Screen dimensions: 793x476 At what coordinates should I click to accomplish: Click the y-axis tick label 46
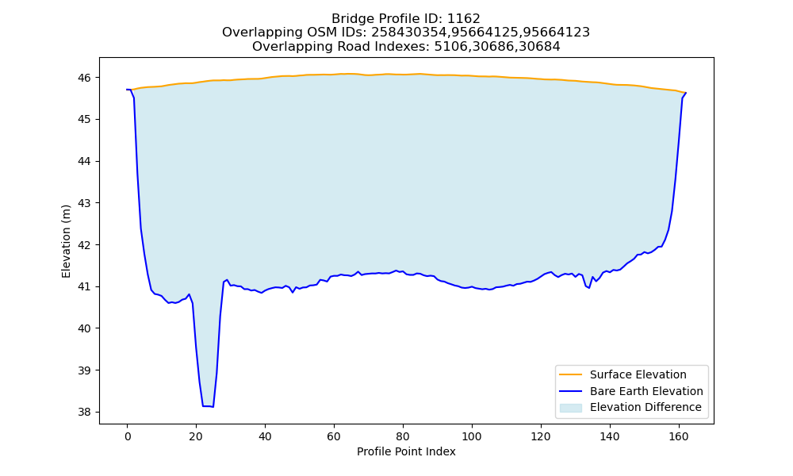pos(84,78)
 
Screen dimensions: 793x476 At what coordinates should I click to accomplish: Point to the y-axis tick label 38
pos(84,413)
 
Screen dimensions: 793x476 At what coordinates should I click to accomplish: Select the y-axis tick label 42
pos(84,245)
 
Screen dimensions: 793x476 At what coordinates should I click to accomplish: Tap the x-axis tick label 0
pos(128,436)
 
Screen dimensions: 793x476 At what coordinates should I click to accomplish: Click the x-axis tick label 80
pos(403,436)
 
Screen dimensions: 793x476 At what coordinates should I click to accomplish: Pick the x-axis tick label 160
pos(679,436)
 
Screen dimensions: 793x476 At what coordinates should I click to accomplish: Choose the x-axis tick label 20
pos(196,436)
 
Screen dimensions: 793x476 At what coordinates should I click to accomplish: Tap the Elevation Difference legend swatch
pos(570,408)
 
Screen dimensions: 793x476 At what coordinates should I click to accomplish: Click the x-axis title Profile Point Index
pos(406,451)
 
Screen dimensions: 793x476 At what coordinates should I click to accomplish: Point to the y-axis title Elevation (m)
pos(66,241)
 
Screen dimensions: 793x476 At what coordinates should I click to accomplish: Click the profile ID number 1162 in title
pos(464,19)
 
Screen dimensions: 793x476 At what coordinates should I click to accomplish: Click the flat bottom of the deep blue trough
pos(208,405)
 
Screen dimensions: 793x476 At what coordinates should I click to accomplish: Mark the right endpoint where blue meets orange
pos(685,93)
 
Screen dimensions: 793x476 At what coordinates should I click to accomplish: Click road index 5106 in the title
pos(450,47)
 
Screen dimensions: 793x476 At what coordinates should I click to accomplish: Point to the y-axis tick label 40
pos(84,328)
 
